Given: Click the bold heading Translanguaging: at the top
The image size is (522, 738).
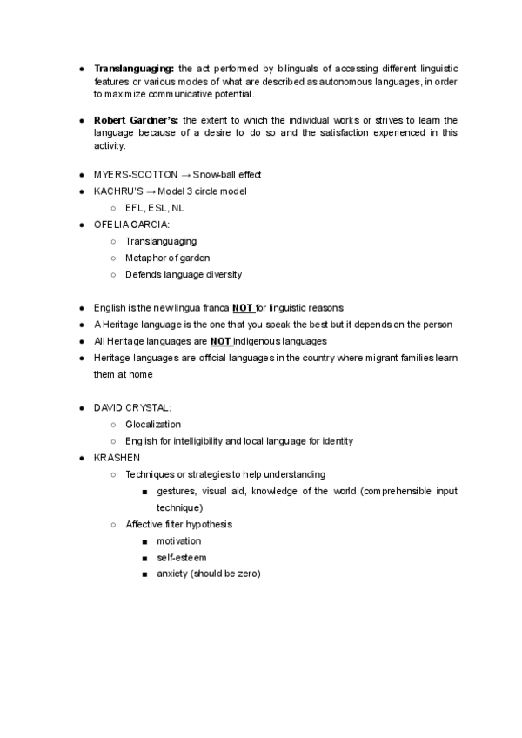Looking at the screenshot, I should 134,68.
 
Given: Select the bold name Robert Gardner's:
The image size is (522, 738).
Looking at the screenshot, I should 137,119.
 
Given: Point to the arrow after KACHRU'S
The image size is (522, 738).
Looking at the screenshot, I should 148,191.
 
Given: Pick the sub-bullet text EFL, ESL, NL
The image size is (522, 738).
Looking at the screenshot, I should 155,208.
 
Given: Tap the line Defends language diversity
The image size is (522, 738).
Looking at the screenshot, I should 184,274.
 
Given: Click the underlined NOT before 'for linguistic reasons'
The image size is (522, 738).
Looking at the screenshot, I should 243,308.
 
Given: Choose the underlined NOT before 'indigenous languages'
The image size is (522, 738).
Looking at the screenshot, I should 221,341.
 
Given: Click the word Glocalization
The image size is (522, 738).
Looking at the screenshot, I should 153,425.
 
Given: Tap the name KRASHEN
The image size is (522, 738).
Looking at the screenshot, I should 116,458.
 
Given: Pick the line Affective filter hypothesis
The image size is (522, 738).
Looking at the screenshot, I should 178,525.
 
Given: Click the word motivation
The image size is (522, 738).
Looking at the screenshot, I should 178,541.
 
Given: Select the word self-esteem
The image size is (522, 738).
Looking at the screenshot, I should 181,558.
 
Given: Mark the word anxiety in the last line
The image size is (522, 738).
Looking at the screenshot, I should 171,574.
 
